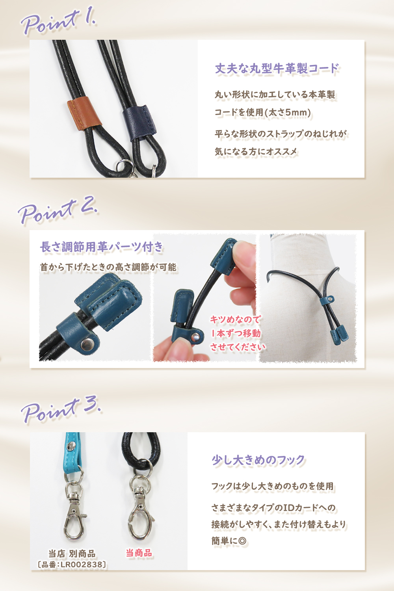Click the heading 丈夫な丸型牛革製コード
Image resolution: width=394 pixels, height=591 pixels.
point(277,69)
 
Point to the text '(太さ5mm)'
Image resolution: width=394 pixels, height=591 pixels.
point(288,113)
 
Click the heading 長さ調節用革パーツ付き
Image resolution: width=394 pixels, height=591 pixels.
point(102,247)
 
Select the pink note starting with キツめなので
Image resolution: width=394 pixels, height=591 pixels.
point(237,333)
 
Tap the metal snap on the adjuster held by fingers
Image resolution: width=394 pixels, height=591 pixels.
point(195,336)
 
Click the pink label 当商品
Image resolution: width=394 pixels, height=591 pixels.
point(139,553)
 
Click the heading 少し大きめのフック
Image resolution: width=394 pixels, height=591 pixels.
point(258,460)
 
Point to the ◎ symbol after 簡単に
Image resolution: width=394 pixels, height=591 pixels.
point(242,541)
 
